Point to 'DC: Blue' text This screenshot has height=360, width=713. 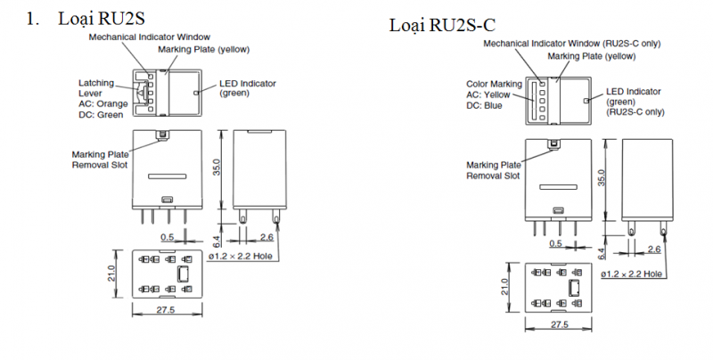[x=484, y=105]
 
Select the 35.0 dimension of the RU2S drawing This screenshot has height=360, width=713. [x=216, y=168]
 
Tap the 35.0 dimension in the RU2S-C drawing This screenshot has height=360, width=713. [x=602, y=178]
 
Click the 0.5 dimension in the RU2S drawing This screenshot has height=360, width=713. [x=168, y=237]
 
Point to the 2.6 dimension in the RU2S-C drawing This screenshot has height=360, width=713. [x=654, y=250]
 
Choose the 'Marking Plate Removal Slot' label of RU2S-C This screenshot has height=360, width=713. [x=493, y=170]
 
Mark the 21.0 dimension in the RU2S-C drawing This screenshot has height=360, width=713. [x=504, y=288]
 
